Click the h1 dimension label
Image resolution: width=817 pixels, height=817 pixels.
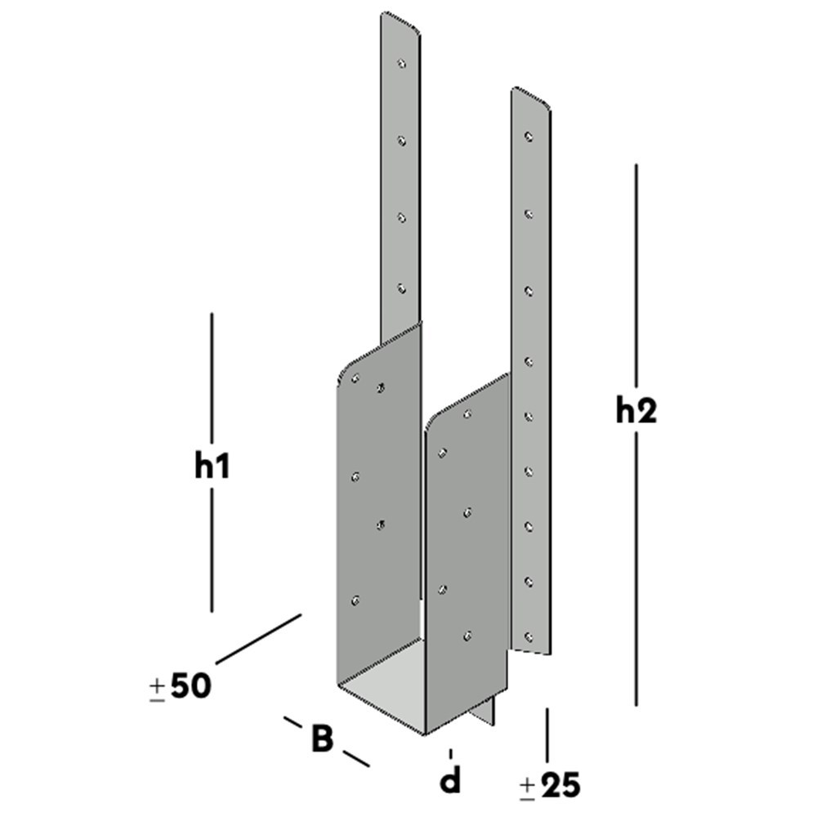pyautogui.click(x=212, y=467)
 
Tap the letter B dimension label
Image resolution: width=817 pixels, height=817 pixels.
pyautogui.click(x=323, y=739)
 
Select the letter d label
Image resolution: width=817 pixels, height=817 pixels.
pyautogui.click(x=450, y=781)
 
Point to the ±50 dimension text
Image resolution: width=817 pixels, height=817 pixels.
pyautogui.click(x=180, y=686)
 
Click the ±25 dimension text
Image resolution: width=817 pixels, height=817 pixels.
pyautogui.click(x=550, y=786)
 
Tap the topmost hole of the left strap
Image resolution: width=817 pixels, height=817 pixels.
pyautogui.click(x=401, y=62)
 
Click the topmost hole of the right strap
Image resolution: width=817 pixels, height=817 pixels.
pyautogui.click(x=529, y=136)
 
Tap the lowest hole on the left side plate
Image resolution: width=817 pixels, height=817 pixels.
pyautogui.click(x=355, y=600)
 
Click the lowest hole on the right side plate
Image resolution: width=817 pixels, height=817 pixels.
pyautogui.click(x=467, y=634)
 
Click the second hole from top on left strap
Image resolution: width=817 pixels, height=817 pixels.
pyautogui.click(x=401, y=141)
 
